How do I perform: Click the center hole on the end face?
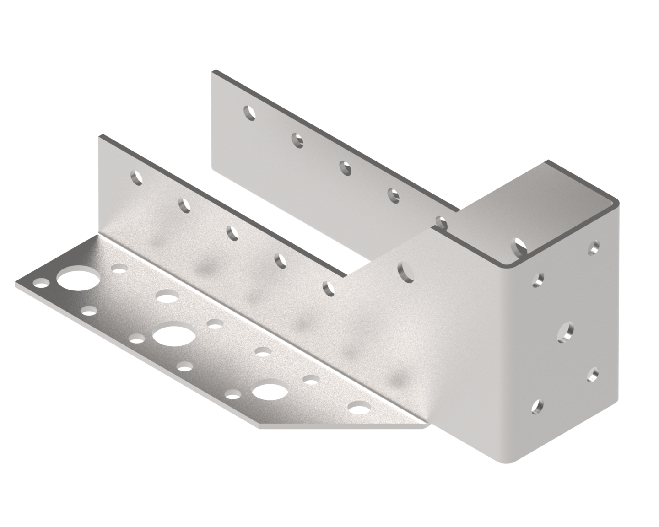566,331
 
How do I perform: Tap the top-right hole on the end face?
594,247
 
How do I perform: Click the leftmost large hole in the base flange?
77,280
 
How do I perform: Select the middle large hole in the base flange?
173,336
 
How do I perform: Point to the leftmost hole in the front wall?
135,177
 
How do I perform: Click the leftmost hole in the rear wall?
249,112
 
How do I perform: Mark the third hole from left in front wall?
232,232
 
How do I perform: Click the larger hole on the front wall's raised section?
405,270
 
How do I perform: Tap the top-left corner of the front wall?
99,135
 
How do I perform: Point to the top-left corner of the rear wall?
212,71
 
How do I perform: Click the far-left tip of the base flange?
16,285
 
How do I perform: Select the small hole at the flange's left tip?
42,285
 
